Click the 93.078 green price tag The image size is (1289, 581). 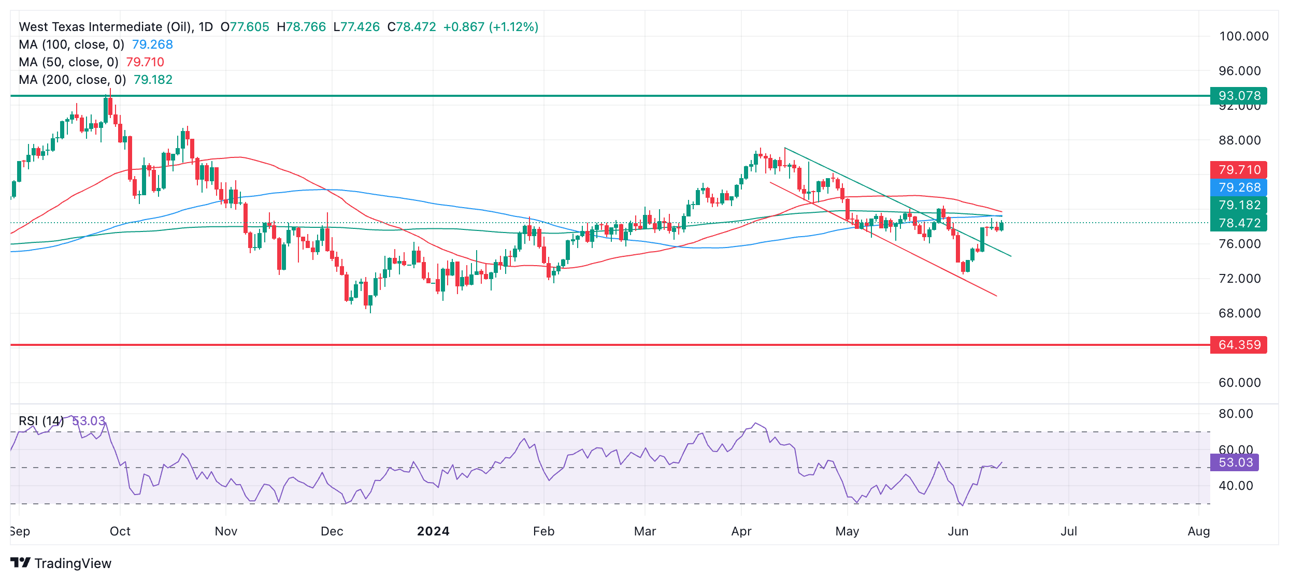click(x=1238, y=96)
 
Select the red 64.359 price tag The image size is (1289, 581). click(x=1238, y=345)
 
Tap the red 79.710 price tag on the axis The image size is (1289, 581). click(x=1238, y=170)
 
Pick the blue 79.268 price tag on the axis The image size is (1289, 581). click(x=1238, y=187)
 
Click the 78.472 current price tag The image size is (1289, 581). click(x=1238, y=223)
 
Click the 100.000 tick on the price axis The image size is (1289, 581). click(x=1243, y=36)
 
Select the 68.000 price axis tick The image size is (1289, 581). click(x=1239, y=313)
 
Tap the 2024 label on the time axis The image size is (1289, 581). click(x=433, y=531)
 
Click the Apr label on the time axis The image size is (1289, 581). click(x=741, y=531)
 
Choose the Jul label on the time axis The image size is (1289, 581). click(x=1069, y=531)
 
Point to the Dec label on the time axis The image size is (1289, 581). click(x=332, y=531)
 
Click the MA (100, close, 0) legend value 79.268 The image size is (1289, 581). click(x=152, y=45)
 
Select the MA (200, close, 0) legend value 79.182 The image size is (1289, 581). click(x=153, y=80)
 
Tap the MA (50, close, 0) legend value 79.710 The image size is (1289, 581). click(x=145, y=62)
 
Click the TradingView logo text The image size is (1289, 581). click(x=73, y=563)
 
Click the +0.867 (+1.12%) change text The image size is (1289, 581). click(x=491, y=27)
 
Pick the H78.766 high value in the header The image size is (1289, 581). click(x=301, y=27)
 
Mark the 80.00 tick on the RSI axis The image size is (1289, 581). click(x=1236, y=414)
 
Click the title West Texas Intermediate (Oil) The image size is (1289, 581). click(x=105, y=27)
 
